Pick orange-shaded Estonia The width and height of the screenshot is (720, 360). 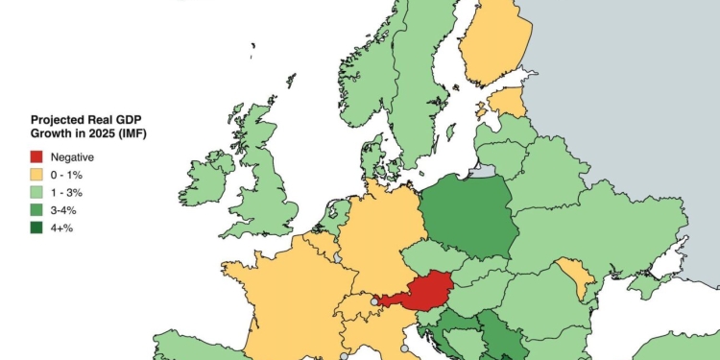coord(508,102)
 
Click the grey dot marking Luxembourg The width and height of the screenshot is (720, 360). coord(337,257)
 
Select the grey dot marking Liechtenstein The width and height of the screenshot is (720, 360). coord(374,301)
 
